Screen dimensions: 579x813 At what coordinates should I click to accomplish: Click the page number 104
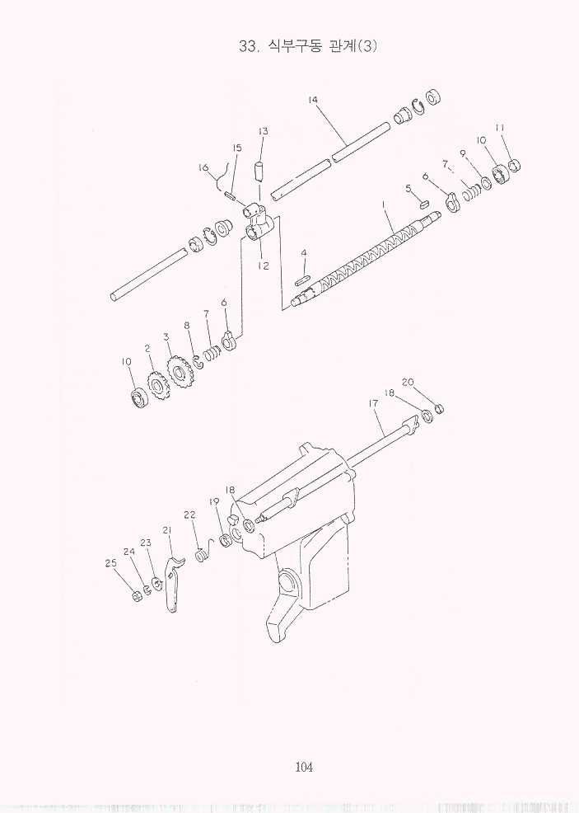[304, 767]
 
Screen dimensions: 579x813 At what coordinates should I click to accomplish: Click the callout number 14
[313, 100]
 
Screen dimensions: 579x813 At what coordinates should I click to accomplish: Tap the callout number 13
[263, 131]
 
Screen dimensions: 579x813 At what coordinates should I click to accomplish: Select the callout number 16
[203, 167]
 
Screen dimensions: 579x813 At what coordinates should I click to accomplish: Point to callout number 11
[500, 128]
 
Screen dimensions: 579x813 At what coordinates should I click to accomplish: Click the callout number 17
[374, 402]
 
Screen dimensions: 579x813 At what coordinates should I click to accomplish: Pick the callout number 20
[408, 382]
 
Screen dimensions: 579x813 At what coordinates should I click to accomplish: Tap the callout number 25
[111, 563]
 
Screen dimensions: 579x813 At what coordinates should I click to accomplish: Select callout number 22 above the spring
[189, 515]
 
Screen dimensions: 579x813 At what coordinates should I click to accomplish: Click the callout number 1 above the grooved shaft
[384, 204]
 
